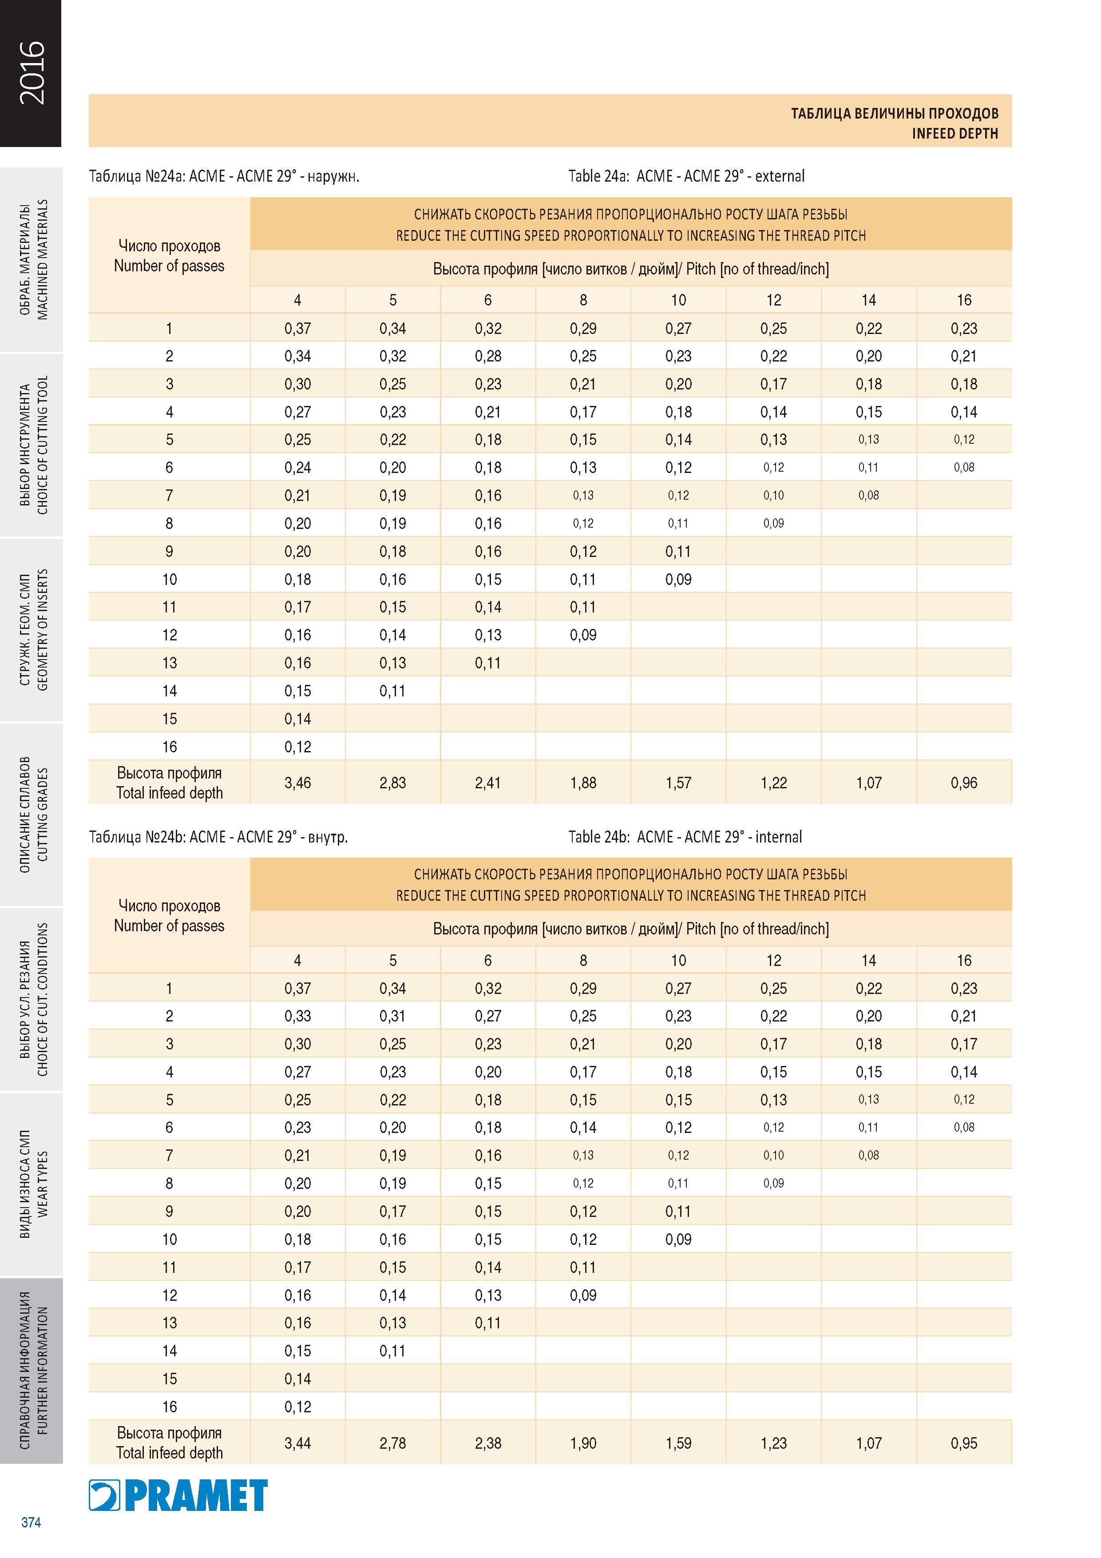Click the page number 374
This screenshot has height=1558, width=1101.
click(x=31, y=1522)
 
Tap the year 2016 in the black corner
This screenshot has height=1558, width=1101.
click(x=31, y=72)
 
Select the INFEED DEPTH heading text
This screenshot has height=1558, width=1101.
click(x=954, y=134)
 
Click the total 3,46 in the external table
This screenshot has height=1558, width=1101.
click(x=298, y=783)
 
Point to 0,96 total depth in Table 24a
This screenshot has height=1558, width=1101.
click(x=964, y=783)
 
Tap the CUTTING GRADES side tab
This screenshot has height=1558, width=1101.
click(x=32, y=814)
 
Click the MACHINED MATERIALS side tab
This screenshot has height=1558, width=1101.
click(x=32, y=259)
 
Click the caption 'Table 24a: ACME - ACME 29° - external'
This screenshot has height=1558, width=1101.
click(x=686, y=176)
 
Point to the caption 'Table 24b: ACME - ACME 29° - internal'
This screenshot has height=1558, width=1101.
click(x=685, y=837)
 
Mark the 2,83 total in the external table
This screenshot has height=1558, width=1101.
click(x=393, y=783)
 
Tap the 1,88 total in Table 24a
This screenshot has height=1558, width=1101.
click(x=583, y=783)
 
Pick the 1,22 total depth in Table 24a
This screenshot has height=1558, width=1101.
click(x=774, y=783)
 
